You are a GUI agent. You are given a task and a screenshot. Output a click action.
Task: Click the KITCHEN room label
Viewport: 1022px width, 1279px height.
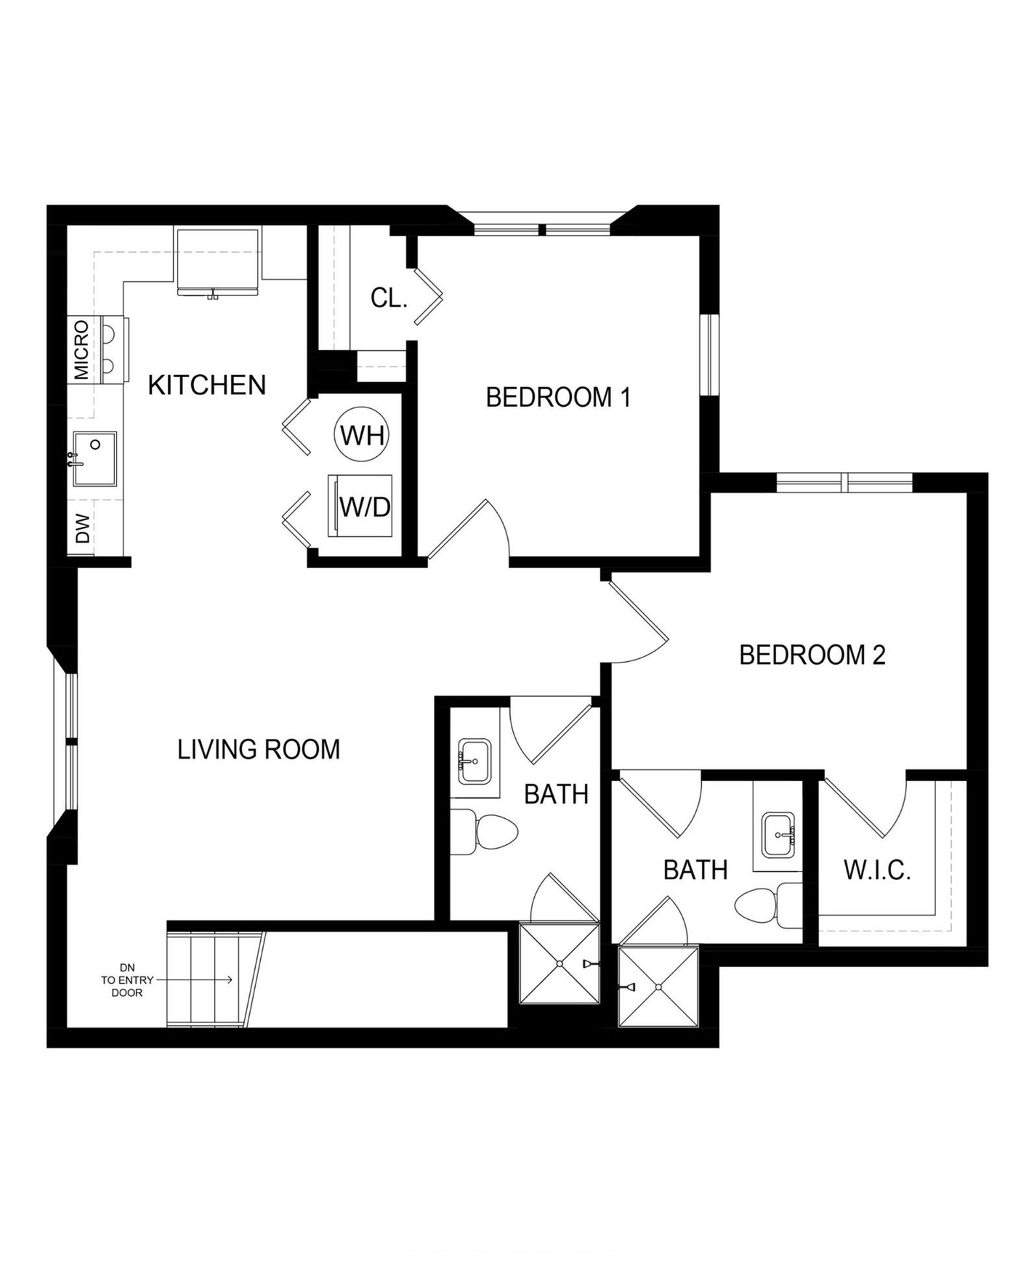[x=207, y=385]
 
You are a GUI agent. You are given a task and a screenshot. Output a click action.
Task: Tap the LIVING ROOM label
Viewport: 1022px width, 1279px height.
[x=258, y=749]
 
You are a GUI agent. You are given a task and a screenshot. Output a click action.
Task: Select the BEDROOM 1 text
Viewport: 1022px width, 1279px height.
[x=558, y=397]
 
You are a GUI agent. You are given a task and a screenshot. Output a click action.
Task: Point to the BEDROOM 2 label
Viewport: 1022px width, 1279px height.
[x=813, y=655]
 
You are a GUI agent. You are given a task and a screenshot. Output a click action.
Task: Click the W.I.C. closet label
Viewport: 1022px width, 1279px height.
[x=877, y=870]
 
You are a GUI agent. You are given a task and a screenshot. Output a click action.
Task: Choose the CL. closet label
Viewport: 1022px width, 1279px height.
[x=388, y=298]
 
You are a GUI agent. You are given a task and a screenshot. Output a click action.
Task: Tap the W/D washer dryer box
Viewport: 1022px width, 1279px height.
[x=360, y=506]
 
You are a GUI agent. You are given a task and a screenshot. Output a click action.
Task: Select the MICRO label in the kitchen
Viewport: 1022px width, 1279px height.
[x=81, y=350]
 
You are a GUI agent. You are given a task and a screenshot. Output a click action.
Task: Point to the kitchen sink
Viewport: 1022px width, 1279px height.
[x=94, y=458]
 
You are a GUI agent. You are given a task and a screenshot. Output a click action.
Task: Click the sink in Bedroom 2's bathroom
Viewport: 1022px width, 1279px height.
[x=778, y=834]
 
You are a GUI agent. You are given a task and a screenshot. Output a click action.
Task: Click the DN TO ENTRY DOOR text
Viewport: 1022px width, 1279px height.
[x=126, y=979]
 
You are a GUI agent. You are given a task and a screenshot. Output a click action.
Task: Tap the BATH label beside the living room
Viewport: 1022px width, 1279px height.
[x=556, y=794]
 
